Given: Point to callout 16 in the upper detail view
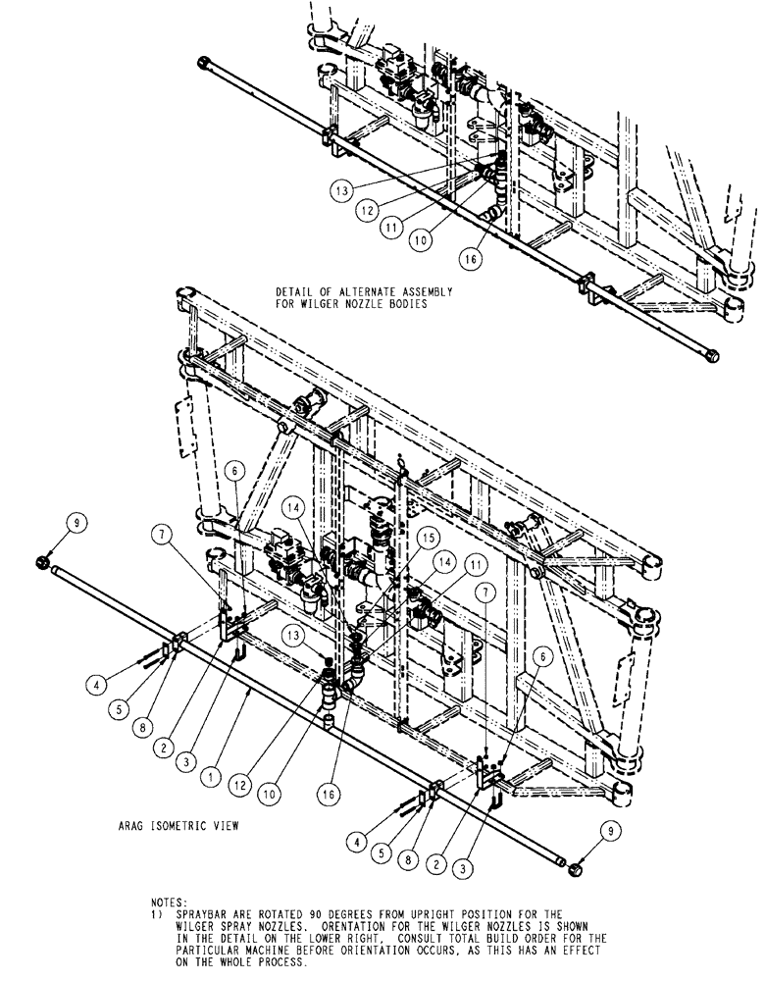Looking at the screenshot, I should point(473,257).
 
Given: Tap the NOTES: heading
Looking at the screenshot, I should point(171,900).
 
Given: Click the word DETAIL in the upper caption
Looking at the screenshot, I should point(297,291).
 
